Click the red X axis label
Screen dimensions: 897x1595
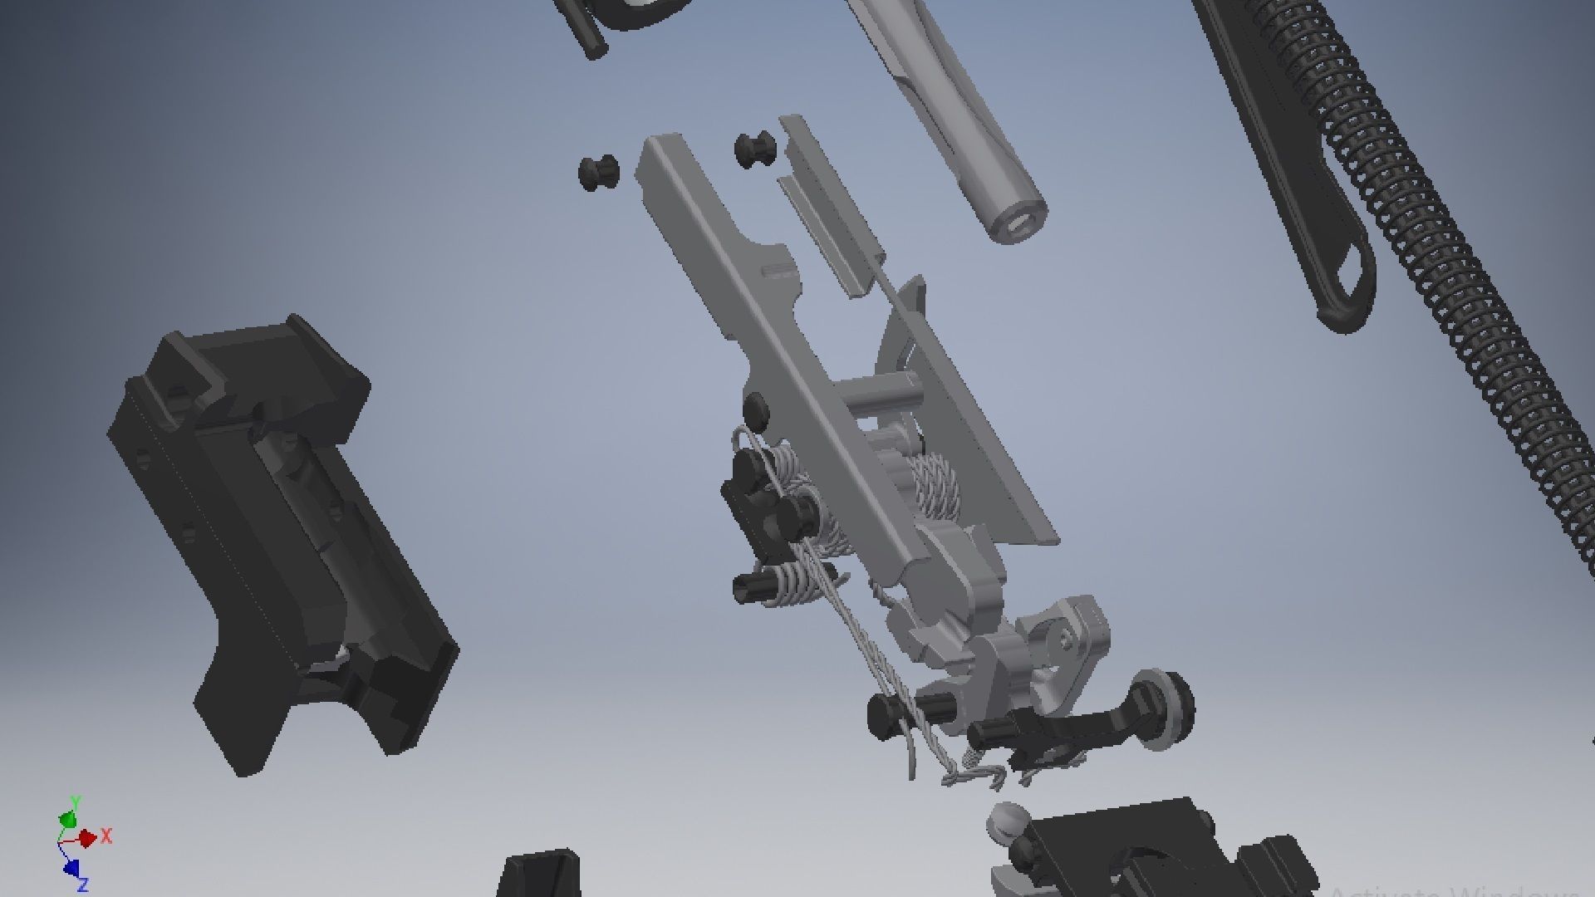[106, 836]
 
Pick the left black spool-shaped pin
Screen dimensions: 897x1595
[598, 173]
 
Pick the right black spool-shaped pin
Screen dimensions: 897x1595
[756, 149]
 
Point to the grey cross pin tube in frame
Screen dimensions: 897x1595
[876, 390]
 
